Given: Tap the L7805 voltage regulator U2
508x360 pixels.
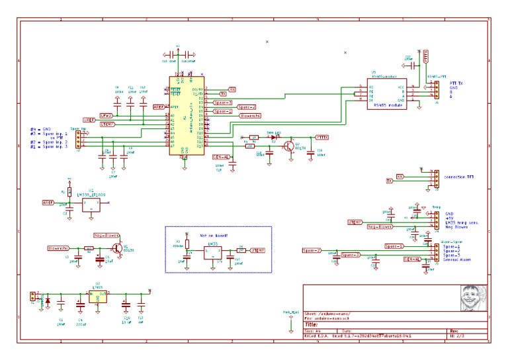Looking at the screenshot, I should pos(98,298).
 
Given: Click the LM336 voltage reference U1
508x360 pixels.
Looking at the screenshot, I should pos(91,204).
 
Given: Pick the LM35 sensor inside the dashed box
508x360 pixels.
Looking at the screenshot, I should pos(212,251).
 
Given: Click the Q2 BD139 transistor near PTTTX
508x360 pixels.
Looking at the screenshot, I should pos(288,146).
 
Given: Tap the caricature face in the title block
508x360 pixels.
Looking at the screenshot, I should pos(473,298).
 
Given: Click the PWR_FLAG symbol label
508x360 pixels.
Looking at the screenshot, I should pos(291,312).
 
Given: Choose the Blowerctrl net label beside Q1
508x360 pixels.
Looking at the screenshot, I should pos(59,247).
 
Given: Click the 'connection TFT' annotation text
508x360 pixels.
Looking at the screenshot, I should pos(459,177).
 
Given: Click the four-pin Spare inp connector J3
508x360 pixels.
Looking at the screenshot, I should pos(78,139).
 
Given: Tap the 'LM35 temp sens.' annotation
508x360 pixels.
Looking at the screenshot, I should pos(462,222).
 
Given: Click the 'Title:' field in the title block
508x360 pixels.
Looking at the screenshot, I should pos(312,325).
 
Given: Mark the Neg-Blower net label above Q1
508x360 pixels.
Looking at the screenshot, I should pos(106,235).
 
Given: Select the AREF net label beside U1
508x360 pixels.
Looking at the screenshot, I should pos(48,202).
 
